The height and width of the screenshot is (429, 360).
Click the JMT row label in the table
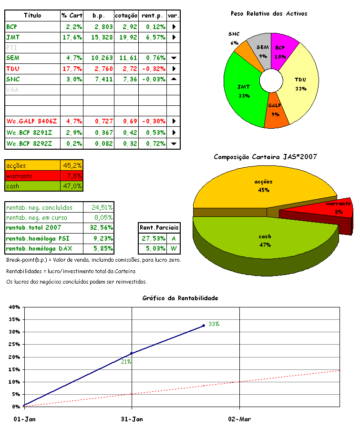pos(13,37)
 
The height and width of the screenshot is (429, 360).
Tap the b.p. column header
pos(102,16)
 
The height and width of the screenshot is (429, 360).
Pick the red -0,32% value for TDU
pos(153,69)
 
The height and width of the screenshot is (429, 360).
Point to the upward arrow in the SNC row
pos(174,79)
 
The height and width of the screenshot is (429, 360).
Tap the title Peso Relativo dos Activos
pos(269,14)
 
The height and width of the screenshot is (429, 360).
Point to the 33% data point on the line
pos(204,326)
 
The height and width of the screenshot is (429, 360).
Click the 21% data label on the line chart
pos(126,362)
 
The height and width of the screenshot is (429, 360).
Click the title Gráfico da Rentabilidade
pos(180,298)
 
